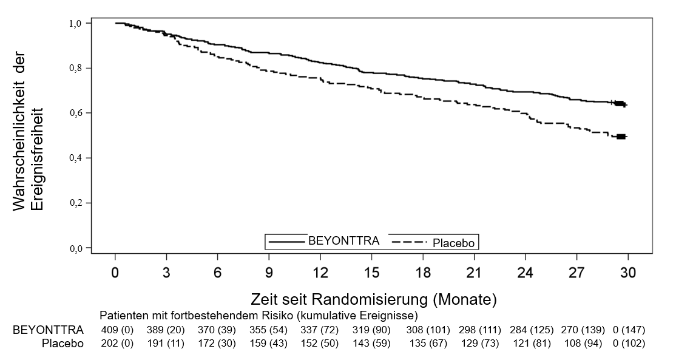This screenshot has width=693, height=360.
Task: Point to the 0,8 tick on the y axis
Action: [x=75, y=68]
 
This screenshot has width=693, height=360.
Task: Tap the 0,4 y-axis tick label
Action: [x=75, y=158]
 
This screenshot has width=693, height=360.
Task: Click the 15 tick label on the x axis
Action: [x=371, y=273]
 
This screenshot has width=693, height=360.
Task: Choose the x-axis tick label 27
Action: [x=576, y=273]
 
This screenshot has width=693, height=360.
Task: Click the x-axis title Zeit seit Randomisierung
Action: [x=373, y=299]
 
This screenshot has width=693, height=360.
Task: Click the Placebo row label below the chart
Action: [x=63, y=343]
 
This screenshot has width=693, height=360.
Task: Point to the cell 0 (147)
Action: [x=629, y=330]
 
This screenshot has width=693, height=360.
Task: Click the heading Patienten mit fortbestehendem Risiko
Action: [x=258, y=316]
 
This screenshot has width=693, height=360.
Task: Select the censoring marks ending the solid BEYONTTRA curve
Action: [x=619, y=104]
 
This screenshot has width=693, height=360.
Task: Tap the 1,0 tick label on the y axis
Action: [x=75, y=23]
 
